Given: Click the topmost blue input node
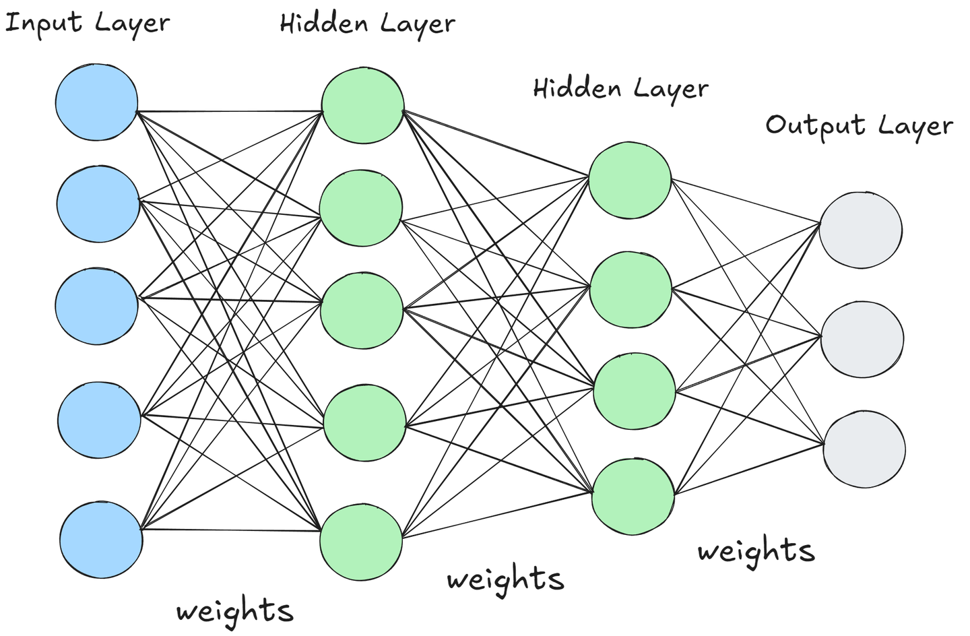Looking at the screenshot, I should click(x=96, y=102).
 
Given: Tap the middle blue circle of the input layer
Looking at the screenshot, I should click(x=96, y=306).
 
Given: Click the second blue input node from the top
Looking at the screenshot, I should click(x=98, y=205).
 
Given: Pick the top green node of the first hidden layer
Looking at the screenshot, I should click(x=362, y=106).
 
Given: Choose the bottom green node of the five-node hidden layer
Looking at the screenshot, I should click(x=361, y=542).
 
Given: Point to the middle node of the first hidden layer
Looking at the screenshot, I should click(x=362, y=311).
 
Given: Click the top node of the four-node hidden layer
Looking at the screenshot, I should click(x=630, y=180).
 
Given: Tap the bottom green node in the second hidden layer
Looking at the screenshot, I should click(x=633, y=497).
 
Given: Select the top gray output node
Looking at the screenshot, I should click(x=861, y=230).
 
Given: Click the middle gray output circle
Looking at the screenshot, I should click(x=862, y=339).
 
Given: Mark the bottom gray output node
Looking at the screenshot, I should click(x=864, y=449).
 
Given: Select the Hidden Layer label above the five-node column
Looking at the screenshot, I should click(x=367, y=24).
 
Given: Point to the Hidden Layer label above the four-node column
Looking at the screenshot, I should click(x=620, y=89).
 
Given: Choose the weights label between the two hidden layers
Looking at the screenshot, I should click(x=505, y=579).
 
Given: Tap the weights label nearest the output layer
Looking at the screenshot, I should click(x=756, y=551).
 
